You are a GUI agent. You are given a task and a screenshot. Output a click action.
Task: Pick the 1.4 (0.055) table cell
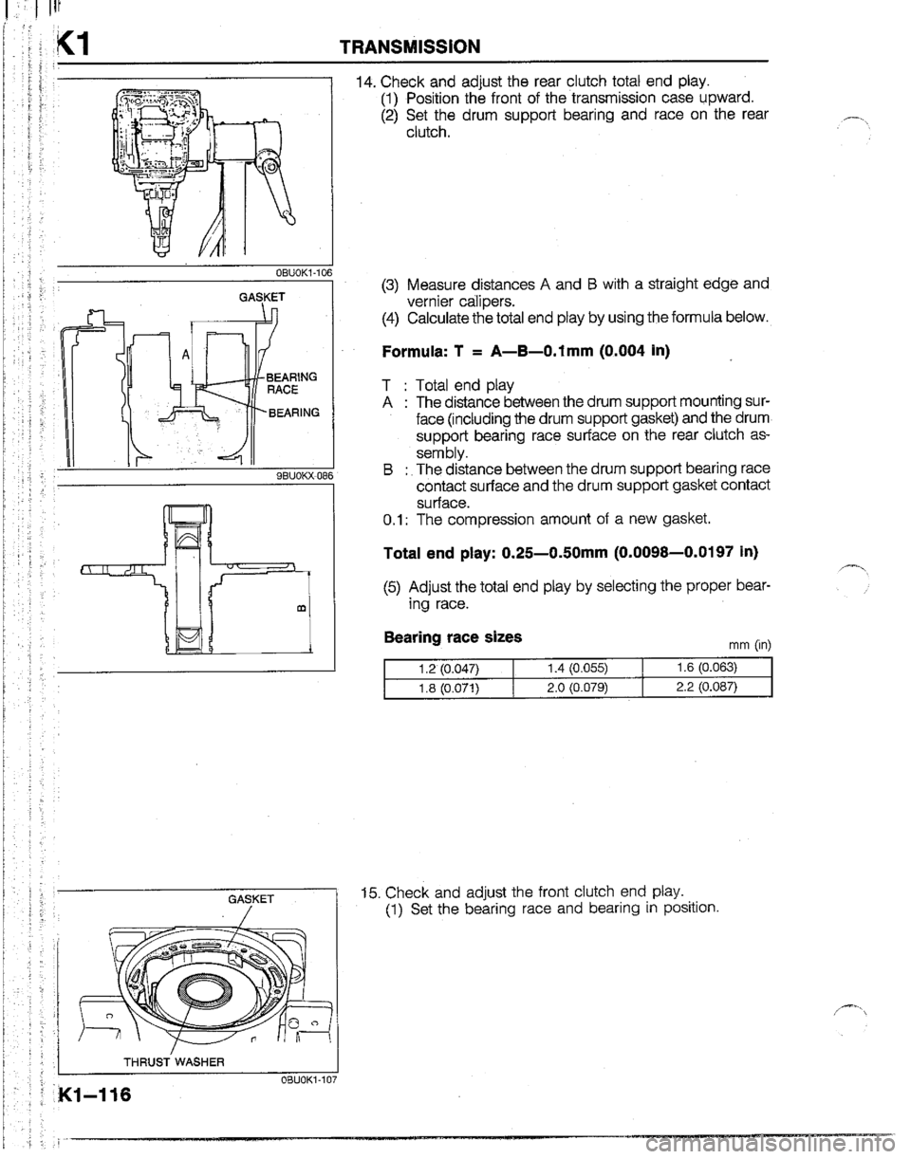577,668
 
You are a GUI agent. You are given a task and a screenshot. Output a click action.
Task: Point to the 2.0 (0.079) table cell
577,687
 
